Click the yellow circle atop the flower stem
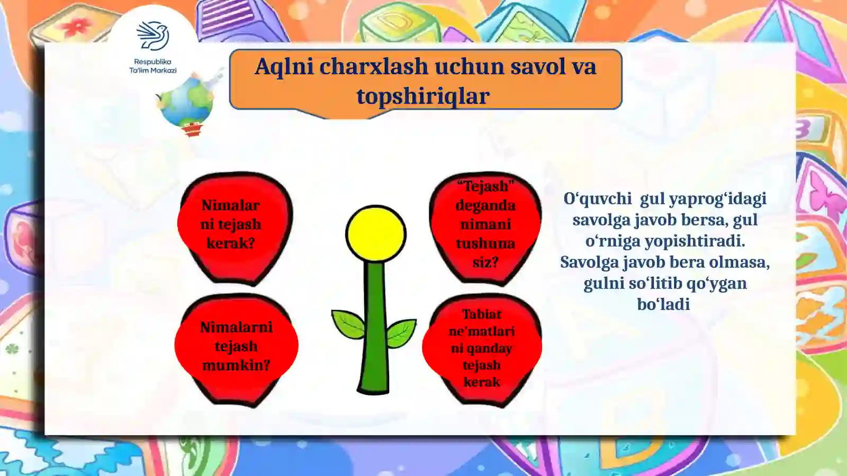pos(375,234)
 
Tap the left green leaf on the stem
pos(348,324)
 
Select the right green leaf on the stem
pos(401,332)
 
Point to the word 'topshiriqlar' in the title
pos(423,96)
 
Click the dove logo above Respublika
pos(153,36)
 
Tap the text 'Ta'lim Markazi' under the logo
pos(153,70)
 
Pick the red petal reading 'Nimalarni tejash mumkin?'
pos(236,347)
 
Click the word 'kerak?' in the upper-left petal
pos(231,243)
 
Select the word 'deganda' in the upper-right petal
pos(485,205)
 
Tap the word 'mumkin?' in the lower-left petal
pos(236,365)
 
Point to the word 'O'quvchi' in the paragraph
pos(597,199)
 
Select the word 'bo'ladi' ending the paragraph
pos(663,304)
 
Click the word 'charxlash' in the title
pos(374,67)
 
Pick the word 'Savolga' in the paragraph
pos(589,262)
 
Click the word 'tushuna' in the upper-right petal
pos(485,243)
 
